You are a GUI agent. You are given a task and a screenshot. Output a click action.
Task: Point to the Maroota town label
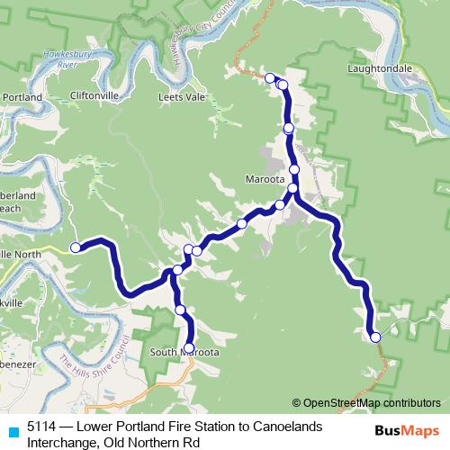pyautogui.click(x=265, y=179)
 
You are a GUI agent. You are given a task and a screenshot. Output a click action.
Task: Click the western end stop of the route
pyautogui.click(x=76, y=247)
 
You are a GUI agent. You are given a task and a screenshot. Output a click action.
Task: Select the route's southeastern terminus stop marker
pyautogui.click(x=375, y=337)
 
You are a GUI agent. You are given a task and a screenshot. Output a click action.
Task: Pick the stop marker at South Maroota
pyautogui.click(x=189, y=347)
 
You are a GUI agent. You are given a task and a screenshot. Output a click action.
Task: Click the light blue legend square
pyautogui.click(x=12, y=432)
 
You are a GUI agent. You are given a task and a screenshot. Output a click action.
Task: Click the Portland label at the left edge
pyautogui.click(x=22, y=95)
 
